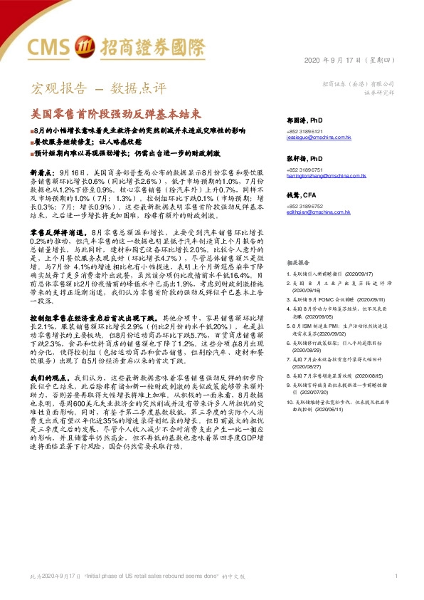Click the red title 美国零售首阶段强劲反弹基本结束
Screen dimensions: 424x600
[x=115, y=113]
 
